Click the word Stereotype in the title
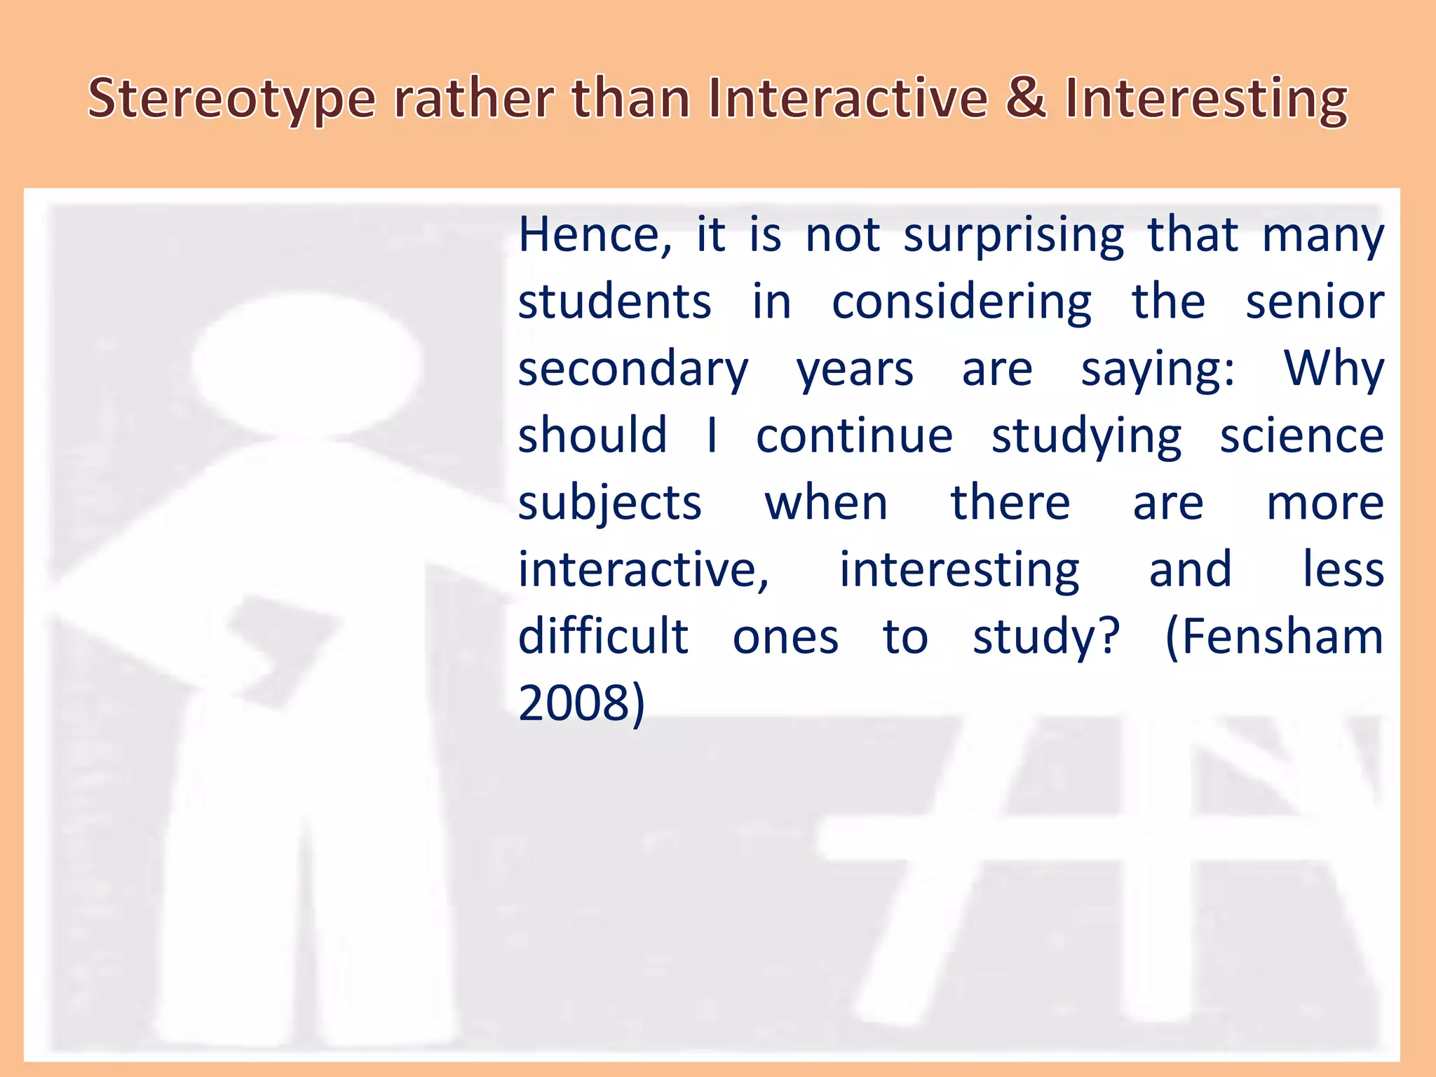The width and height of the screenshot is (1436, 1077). point(232,100)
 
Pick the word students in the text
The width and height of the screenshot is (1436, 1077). point(615,302)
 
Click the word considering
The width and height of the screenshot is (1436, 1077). point(961,304)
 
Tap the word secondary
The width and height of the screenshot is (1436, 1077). point(633,370)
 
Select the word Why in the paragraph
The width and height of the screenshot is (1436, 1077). point(1334,370)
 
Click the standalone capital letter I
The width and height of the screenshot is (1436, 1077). point(712,435)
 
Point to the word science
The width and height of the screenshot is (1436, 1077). point(1301,436)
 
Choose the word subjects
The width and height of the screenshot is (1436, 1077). point(609,504)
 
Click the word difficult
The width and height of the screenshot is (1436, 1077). point(603,637)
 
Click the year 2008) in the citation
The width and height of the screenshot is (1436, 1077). point(581,703)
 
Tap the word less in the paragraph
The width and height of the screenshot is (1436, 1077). point(1343,569)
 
